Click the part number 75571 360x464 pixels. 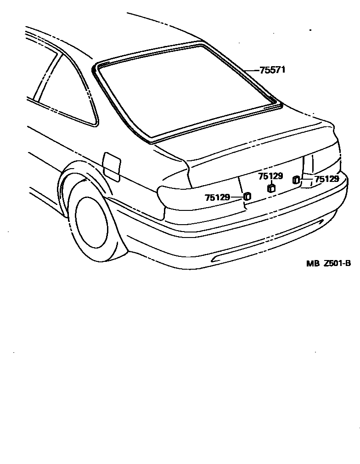(273, 70)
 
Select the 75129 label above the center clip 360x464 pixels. (270, 176)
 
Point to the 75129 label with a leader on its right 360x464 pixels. (217, 198)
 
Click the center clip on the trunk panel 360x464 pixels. (270, 187)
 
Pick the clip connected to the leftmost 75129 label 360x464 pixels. (247, 196)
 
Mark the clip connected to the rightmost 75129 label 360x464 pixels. (296, 180)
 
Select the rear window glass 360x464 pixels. (184, 92)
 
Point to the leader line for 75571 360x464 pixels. (252, 70)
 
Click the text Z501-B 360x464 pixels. (337, 263)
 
